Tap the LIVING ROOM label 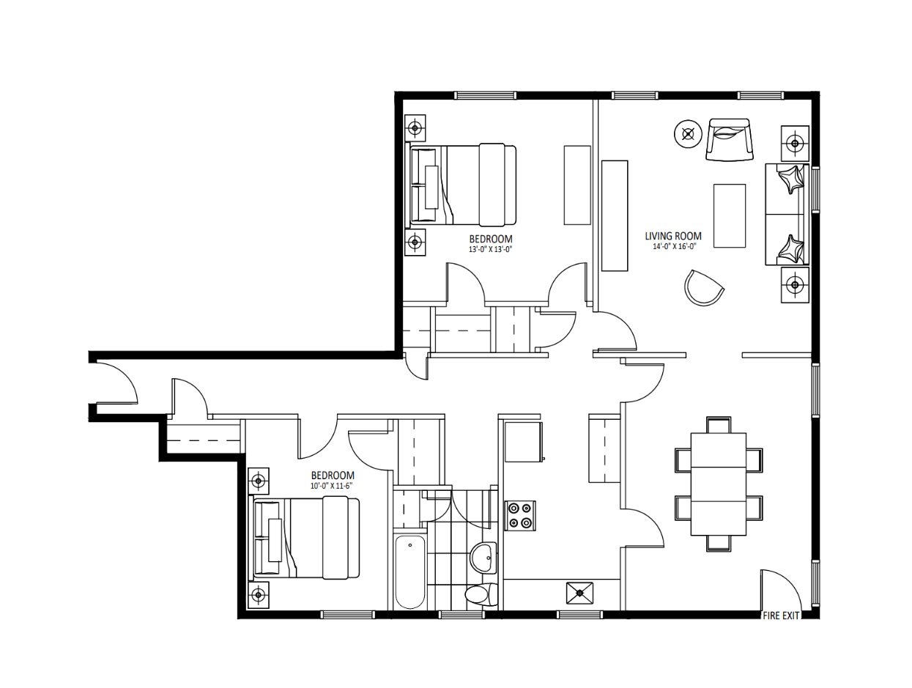pyautogui.click(x=673, y=236)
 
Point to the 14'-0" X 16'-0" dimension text pyautogui.click(x=674, y=246)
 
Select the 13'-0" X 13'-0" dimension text pyautogui.click(x=490, y=250)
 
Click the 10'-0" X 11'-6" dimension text pyautogui.click(x=332, y=486)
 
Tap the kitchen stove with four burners pyautogui.click(x=520, y=516)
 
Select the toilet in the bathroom pyautogui.click(x=481, y=594)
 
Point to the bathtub pyautogui.click(x=409, y=572)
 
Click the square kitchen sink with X pyautogui.click(x=579, y=593)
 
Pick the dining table pyautogui.click(x=718, y=484)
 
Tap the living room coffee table pyautogui.click(x=729, y=216)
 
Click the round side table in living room pyautogui.click(x=689, y=134)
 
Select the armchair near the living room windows pyautogui.click(x=729, y=140)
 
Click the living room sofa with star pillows pyautogui.click(x=787, y=215)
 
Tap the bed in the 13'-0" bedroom pyautogui.click(x=462, y=185)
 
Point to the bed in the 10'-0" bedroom pyautogui.click(x=305, y=538)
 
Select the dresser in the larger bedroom pyautogui.click(x=577, y=185)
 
